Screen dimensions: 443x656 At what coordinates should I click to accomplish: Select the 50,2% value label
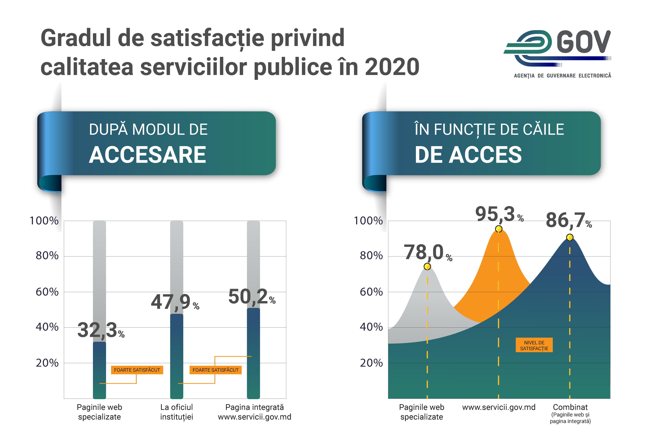click(x=252, y=297)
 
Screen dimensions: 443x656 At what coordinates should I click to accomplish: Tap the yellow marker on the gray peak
click(x=427, y=266)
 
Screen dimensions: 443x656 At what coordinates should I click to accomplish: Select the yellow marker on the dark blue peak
click(x=570, y=237)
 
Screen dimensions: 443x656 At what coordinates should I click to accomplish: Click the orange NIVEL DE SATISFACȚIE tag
click(x=534, y=345)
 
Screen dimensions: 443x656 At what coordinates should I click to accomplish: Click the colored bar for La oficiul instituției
click(x=177, y=356)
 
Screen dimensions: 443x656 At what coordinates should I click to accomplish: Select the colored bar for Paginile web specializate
click(x=99, y=370)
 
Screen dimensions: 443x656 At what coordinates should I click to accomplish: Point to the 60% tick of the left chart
click(x=47, y=292)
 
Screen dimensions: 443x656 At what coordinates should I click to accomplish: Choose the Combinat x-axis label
click(x=570, y=407)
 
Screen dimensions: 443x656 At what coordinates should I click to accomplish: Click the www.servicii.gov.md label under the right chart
click(x=499, y=407)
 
